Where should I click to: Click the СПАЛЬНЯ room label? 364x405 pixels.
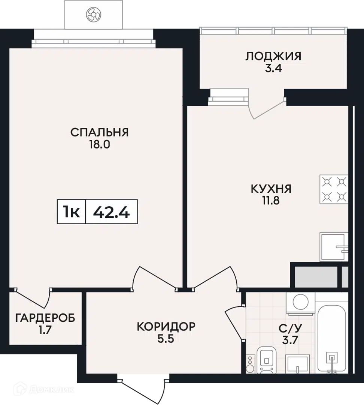tap(100, 132)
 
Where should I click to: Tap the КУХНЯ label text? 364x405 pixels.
tap(271, 189)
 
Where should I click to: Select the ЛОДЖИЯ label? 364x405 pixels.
tap(273, 56)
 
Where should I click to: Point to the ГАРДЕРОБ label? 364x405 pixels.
tap(45, 318)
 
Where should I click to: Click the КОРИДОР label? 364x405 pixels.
tap(166, 327)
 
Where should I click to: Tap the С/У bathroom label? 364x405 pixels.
tap(290, 328)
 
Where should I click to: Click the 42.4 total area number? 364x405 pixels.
tap(111, 212)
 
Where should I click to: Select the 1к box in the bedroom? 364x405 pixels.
tap(71, 212)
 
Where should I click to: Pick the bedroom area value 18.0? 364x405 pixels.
tap(100, 145)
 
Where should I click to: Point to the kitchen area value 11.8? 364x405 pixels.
tap(271, 201)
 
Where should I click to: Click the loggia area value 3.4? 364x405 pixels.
tap(273, 68)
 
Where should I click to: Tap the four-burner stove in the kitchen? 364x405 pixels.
tap(334, 189)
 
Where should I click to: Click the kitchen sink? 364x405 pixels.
tap(334, 247)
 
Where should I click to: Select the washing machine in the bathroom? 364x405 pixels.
tap(301, 303)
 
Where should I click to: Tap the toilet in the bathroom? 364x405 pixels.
tap(267, 360)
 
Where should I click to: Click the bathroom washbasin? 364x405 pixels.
tap(298, 364)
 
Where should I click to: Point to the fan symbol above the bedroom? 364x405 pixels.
tap(93, 15)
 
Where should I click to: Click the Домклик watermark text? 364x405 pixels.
tap(51, 389)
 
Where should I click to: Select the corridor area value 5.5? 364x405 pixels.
tap(166, 339)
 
